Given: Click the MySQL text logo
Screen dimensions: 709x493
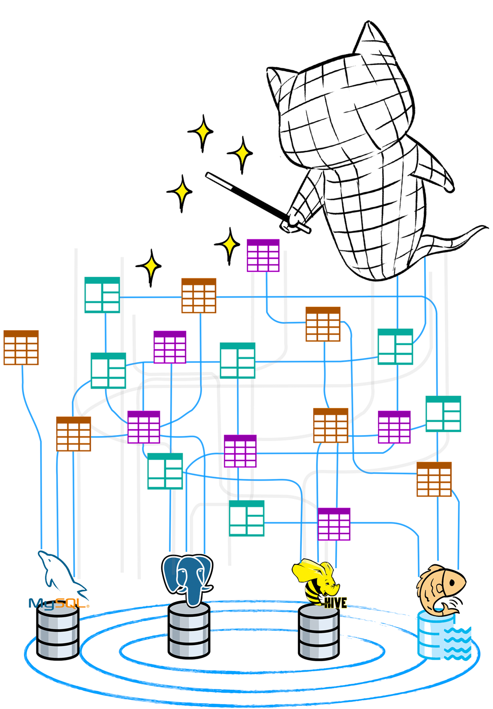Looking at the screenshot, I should pos(57,604).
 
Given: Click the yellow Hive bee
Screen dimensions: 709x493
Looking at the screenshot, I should pos(315,580).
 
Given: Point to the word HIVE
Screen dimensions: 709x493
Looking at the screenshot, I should pos(336,603).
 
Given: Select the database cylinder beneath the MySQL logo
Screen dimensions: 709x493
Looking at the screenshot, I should pos(58,635).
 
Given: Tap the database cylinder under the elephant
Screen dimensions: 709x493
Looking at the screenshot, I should pos(189,630).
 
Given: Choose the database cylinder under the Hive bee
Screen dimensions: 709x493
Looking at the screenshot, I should pos(319,632).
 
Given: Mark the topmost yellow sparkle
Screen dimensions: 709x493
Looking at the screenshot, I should pos(201,132).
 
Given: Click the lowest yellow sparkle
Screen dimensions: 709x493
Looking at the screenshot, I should pos(149,267).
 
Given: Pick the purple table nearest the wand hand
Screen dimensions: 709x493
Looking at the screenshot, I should pos(263,255).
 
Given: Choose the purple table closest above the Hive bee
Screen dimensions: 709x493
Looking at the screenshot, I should pos(334,524).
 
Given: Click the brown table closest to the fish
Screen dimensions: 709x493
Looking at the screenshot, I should pos(434,479).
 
